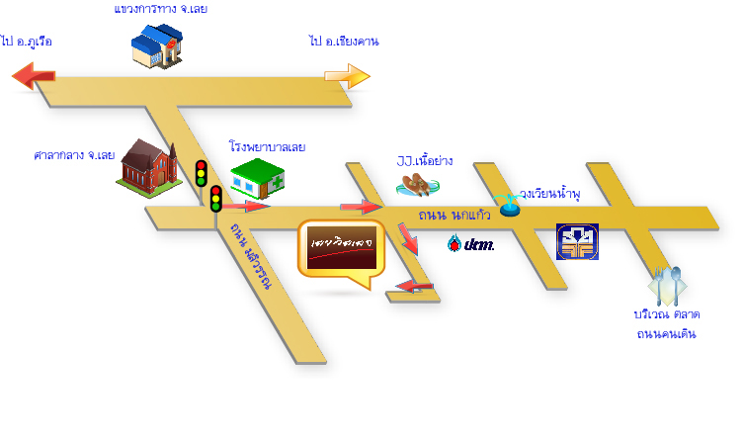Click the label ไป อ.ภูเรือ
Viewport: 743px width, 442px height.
27,42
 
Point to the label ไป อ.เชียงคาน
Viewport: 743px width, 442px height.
344,42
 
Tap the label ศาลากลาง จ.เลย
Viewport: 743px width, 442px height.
74,155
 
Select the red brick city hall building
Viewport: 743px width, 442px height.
148,165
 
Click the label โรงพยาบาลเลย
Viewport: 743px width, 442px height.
267,146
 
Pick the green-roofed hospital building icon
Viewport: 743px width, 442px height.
256,180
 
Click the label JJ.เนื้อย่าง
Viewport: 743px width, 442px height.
424,160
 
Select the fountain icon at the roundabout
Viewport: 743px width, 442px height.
509,205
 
